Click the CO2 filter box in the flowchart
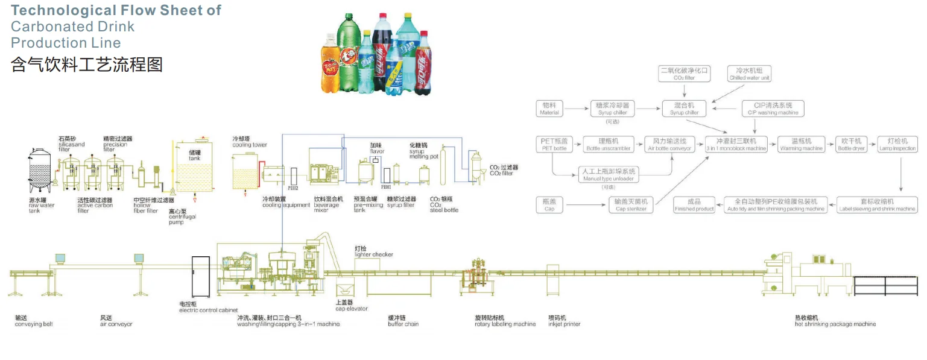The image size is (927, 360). tap(684, 74)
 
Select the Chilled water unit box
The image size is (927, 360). tap(749, 74)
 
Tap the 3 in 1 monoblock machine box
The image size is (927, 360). tap(736, 144)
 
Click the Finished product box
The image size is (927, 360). tap(694, 205)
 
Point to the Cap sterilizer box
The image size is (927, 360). tap(631, 205)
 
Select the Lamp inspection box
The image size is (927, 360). tap(897, 144)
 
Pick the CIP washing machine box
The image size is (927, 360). tap(773, 109)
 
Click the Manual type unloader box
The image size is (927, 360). tap(607, 175)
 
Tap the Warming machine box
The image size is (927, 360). tap(801, 144)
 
